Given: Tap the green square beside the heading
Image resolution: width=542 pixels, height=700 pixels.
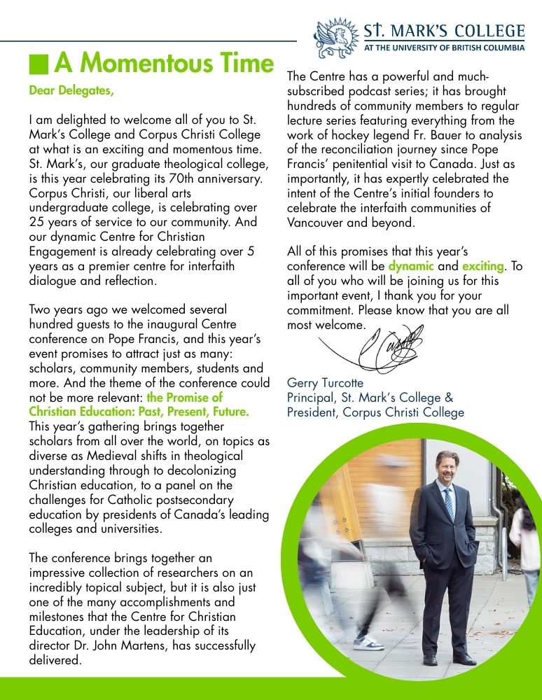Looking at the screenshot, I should tap(39, 64).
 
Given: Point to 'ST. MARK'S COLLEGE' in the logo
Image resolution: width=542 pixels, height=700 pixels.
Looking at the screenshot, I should tap(444, 31).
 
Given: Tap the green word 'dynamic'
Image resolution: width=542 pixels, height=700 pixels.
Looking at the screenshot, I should tap(411, 266).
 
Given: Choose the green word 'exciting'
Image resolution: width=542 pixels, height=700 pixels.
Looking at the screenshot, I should tap(482, 266).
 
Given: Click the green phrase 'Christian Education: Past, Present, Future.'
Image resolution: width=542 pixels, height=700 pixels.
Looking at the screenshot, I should tap(139, 412).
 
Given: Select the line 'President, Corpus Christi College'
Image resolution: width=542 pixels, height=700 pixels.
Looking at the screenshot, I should tap(375, 412).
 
